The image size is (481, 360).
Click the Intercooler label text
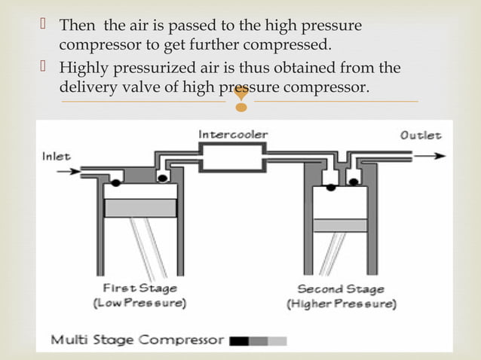point(232,134)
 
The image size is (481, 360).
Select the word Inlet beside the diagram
point(56,157)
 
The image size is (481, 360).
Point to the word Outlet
point(421,136)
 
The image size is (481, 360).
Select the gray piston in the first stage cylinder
point(139,209)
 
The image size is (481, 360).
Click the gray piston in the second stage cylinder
point(339,224)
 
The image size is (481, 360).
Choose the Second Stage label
point(339,289)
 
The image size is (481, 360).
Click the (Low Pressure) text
point(140,304)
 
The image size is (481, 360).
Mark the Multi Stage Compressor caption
point(136,340)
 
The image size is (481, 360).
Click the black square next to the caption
point(239,340)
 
